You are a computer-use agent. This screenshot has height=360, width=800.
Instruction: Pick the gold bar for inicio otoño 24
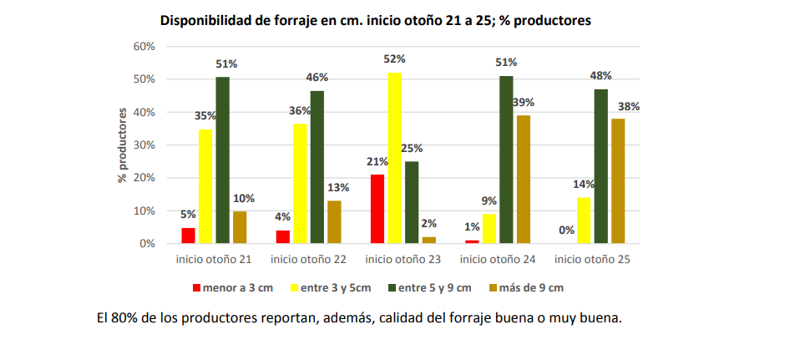click(x=523, y=180)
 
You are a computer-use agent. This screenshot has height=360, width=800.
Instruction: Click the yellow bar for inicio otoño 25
click(x=584, y=221)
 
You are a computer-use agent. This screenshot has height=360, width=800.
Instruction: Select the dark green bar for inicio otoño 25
click(x=600, y=166)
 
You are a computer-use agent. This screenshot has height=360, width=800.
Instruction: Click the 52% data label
click(x=395, y=59)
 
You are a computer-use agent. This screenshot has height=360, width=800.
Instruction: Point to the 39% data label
click(x=524, y=102)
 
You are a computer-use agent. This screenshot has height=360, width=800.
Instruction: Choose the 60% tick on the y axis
click(x=144, y=47)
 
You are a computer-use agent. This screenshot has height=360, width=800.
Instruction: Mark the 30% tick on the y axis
click(x=144, y=145)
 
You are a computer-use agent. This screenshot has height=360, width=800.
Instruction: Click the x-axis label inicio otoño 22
click(x=307, y=259)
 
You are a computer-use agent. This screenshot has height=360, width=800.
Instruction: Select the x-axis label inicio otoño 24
click(x=498, y=259)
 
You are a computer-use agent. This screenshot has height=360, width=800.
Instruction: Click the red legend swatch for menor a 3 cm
click(x=196, y=288)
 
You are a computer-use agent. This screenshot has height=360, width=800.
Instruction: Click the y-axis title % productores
click(x=123, y=145)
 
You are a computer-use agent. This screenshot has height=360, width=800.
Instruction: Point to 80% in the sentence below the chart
click(x=124, y=318)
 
